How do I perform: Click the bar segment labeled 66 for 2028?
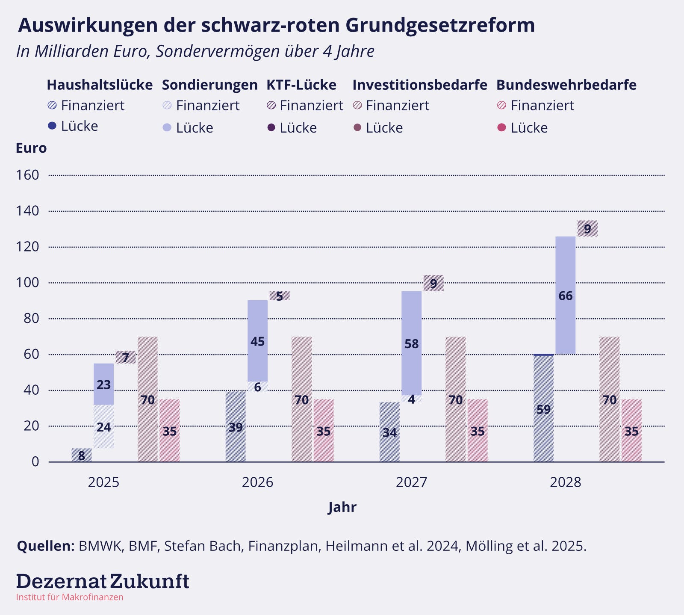coord(565,295)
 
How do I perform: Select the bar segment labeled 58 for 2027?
coord(411,343)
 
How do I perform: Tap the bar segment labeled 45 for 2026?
coord(257,341)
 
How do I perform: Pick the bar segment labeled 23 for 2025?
coord(103,384)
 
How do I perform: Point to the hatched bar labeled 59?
coord(543,408)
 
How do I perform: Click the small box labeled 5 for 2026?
coord(280,296)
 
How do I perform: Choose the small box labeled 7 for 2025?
coord(126,357)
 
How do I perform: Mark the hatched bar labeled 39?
coord(236,426)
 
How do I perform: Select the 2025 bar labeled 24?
coord(103,426)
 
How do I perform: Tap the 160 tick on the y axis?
coord(27,175)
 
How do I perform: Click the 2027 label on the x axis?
coord(411,482)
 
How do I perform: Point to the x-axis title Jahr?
coord(342,507)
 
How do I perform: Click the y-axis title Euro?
coord(31,148)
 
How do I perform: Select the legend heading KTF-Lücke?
coord(301,85)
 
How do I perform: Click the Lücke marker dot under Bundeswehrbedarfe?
coord(502,127)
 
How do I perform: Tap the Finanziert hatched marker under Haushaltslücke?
coord(52,105)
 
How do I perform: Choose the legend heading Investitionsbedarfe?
coord(420,85)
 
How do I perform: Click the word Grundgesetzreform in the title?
coord(440,25)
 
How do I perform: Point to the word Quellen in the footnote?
coord(46,546)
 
